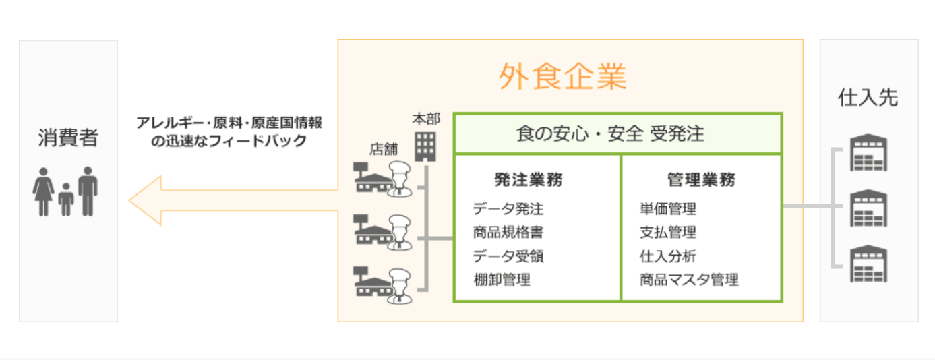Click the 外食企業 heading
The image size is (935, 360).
tap(562, 77)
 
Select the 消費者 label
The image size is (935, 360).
tap(67, 139)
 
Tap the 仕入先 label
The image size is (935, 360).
tap(868, 98)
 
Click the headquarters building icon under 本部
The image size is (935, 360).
tap(425, 146)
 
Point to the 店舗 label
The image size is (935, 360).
tap(383, 149)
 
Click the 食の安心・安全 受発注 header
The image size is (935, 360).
tap(617, 133)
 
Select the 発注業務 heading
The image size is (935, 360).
tap(528, 180)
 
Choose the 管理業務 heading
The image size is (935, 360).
tap(701, 180)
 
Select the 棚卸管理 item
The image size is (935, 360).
tap(502, 279)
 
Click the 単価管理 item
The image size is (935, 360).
tap(667, 209)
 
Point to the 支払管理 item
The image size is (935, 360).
tap(667, 233)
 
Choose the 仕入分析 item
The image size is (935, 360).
tap(667, 256)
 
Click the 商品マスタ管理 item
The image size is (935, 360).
tap(689, 279)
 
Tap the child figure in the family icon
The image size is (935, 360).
tap(65, 200)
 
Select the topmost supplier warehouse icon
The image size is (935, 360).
tap(868, 154)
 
